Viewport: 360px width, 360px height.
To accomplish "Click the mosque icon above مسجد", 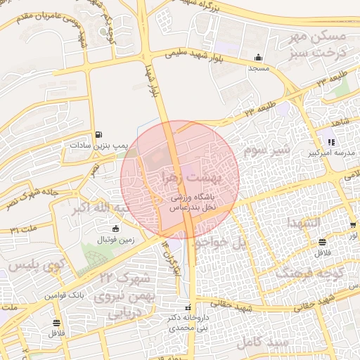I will click(259, 58).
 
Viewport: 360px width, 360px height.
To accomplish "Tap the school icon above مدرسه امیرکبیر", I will click(330, 141).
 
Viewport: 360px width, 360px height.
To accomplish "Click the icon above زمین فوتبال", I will click(115, 229).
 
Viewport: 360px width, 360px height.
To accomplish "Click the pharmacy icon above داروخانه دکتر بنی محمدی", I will click(188, 308).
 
